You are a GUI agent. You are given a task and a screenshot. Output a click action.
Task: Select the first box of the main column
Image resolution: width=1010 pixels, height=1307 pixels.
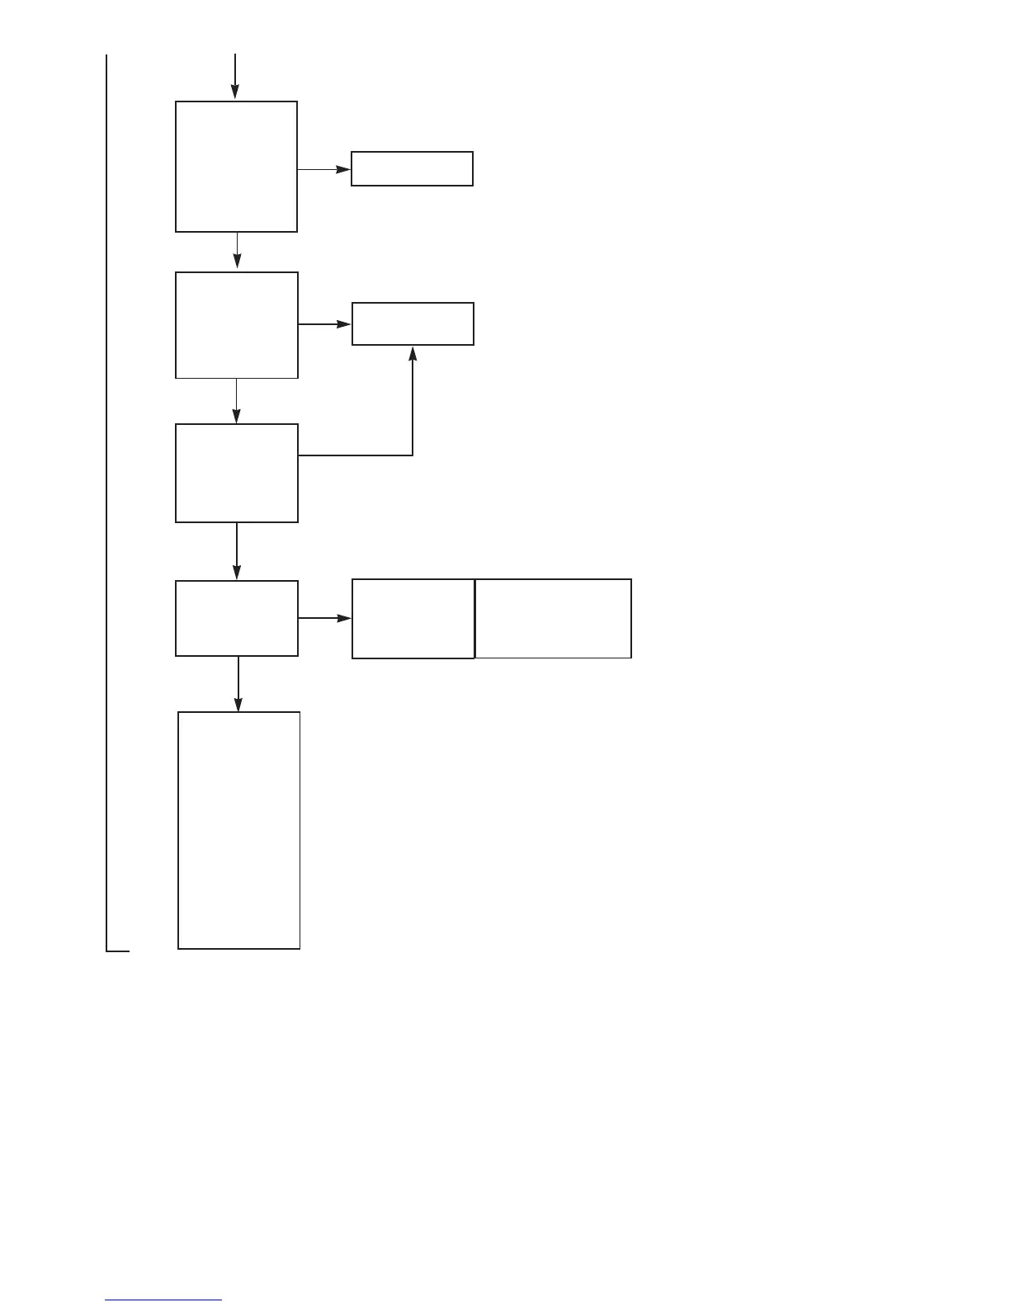(236, 167)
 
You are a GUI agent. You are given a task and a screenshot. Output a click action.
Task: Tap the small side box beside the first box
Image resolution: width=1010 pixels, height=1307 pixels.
(412, 168)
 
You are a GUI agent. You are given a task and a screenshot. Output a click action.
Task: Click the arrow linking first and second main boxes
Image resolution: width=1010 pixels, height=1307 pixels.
(238, 250)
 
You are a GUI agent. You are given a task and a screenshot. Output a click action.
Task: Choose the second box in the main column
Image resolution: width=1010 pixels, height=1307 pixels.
(237, 325)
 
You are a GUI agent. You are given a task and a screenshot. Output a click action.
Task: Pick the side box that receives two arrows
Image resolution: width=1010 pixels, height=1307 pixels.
(413, 323)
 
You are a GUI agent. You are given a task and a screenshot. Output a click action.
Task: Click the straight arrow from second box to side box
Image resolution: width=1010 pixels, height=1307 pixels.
(324, 324)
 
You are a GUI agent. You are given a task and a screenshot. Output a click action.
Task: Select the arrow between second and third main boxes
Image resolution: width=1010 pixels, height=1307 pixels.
(237, 401)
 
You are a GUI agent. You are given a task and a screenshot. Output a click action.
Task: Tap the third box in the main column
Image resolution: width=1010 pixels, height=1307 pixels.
(237, 473)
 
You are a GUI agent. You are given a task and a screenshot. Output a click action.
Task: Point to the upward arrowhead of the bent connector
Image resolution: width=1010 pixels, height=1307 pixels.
(413, 353)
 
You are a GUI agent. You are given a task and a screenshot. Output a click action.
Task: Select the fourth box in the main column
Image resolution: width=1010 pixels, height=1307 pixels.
(237, 618)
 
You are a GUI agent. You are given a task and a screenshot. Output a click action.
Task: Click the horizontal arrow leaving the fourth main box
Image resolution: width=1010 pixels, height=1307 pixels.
(324, 617)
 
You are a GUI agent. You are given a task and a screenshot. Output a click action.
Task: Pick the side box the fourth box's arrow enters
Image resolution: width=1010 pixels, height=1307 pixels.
(413, 619)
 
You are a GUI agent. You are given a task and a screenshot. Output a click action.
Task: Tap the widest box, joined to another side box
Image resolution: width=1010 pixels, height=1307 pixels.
(553, 619)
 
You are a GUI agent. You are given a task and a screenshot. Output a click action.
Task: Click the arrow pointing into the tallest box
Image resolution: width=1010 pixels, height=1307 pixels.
(238, 683)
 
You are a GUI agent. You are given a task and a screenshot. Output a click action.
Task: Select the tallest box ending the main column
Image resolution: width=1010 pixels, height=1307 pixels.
(238, 830)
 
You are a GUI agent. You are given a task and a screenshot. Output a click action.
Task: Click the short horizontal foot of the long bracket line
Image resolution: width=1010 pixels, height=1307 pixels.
(118, 951)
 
